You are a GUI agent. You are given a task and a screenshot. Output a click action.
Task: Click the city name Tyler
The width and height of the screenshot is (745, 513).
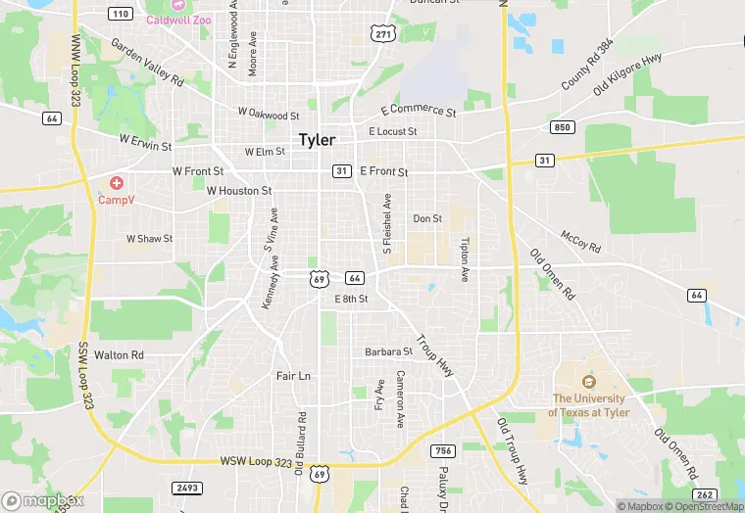[x=317, y=140]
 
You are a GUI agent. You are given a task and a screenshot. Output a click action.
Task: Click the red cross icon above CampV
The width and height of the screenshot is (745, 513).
[x=117, y=183]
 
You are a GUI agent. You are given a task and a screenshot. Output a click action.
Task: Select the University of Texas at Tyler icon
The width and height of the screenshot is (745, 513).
[x=588, y=382]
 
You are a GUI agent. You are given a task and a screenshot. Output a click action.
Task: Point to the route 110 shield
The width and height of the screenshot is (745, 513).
[x=121, y=14]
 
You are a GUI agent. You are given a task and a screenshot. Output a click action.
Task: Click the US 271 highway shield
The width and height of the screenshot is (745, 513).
[x=383, y=34]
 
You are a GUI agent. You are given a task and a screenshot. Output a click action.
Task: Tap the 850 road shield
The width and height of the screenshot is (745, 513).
[x=562, y=127]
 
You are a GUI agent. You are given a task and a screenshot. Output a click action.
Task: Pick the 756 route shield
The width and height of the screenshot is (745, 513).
[x=442, y=450]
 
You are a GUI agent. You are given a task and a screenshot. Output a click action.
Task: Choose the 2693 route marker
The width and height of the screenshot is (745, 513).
[x=186, y=488]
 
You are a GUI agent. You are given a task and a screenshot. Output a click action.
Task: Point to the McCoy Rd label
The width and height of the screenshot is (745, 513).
[x=580, y=241]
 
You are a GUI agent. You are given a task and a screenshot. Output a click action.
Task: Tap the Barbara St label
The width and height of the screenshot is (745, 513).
[x=388, y=351]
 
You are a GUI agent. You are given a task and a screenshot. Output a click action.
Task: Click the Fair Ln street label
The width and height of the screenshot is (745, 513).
[x=293, y=376]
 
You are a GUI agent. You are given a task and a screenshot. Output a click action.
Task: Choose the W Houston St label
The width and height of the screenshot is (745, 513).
[x=239, y=191]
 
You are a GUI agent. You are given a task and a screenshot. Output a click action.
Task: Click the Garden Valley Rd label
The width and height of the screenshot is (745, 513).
[x=147, y=62]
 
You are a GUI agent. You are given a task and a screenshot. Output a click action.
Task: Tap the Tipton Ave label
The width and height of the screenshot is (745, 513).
[x=465, y=259]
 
